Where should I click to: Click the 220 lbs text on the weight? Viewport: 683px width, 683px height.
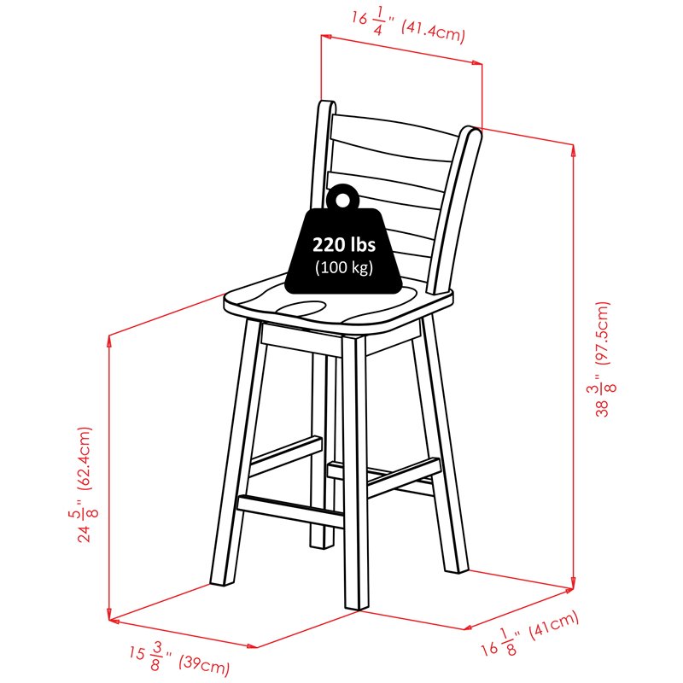pos(344,244)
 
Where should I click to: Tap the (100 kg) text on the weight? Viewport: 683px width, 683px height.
pos(344,267)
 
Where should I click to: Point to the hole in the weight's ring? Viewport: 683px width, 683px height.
pos(342,200)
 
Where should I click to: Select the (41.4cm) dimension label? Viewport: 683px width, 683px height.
pos(433,31)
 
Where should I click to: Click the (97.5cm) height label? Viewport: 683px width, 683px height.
pos(603,333)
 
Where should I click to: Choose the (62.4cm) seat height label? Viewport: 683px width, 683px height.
pos(85,458)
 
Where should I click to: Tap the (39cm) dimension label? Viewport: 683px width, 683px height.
pos(204,664)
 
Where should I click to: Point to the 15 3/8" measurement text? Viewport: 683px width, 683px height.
pos(150,656)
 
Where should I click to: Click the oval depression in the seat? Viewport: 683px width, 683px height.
pos(301,307)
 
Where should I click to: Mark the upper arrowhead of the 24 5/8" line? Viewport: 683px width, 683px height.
pos(109,341)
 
